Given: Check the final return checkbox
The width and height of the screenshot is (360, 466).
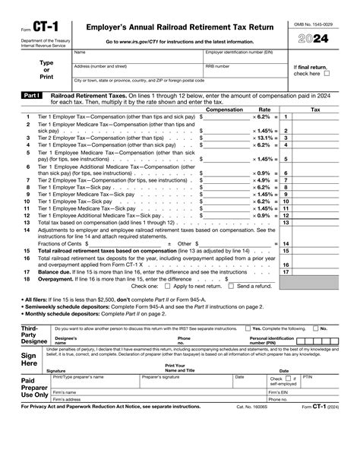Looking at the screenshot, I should coord(327,74).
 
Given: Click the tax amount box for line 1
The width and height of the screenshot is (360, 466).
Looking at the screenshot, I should coord(319,118).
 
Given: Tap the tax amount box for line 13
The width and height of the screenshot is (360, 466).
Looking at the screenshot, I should coord(319,223).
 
